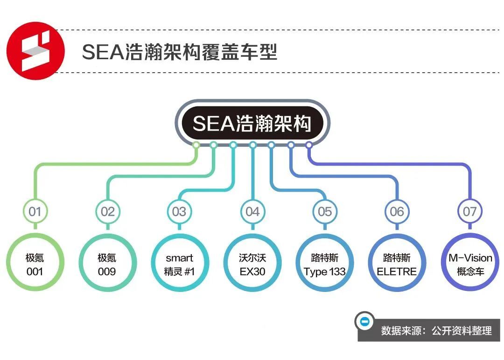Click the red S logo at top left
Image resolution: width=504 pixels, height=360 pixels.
(x=35, y=51)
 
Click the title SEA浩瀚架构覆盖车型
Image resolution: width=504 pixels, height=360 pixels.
(x=180, y=52)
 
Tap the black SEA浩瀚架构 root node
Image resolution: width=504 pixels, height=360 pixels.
(x=252, y=123)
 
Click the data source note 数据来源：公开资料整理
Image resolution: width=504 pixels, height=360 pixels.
(x=436, y=331)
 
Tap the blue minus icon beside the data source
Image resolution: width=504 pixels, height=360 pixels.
(x=364, y=321)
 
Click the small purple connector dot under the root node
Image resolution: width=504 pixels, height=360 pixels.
(x=309, y=145)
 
